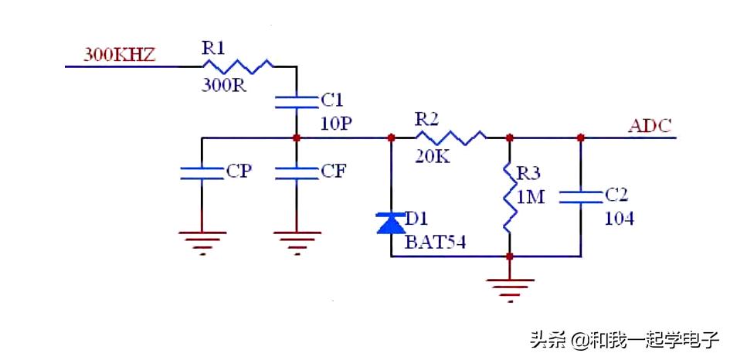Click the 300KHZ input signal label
(120, 55)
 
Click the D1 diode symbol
(391, 223)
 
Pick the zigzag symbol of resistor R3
(508, 197)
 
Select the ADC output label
(650, 124)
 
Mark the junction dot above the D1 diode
(391, 138)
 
